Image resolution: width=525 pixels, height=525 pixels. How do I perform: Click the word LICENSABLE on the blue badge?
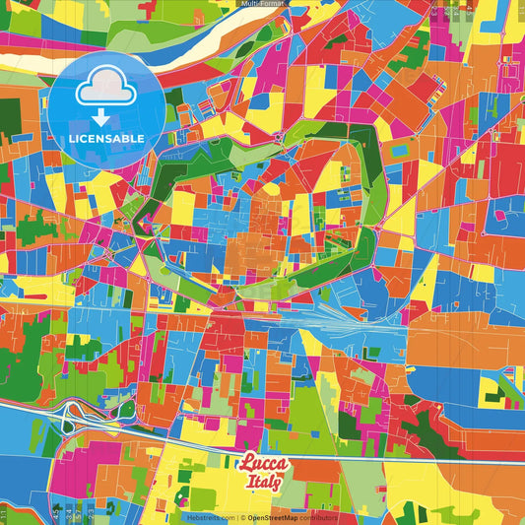click(x=106, y=138)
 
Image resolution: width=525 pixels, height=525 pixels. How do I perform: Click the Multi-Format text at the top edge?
click(x=262, y=4)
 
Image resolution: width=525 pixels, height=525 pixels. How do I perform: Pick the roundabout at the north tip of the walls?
click(x=280, y=135)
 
